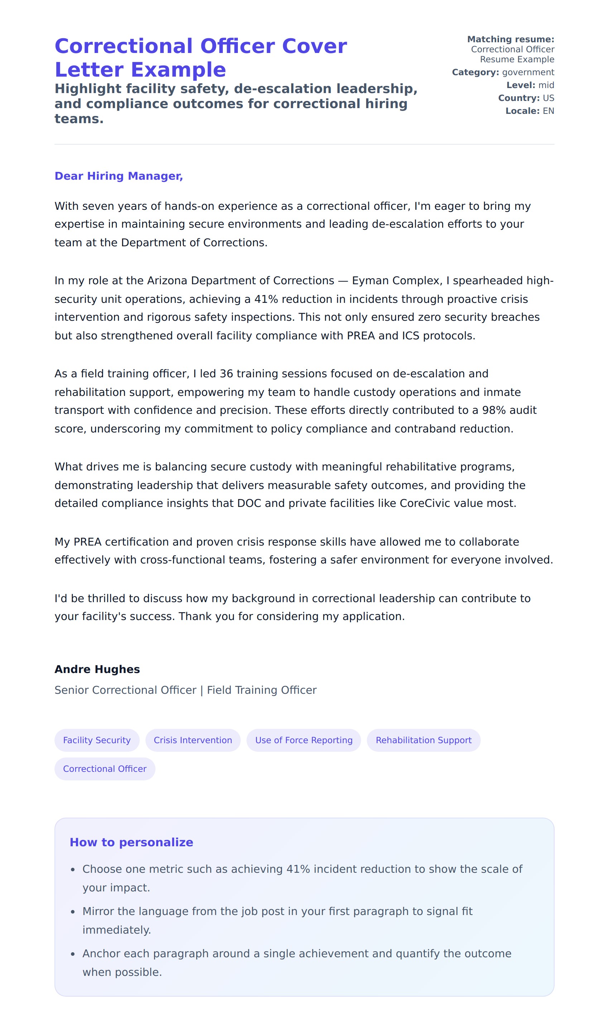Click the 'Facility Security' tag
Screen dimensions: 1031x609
point(97,740)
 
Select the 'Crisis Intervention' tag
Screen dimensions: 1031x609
point(193,740)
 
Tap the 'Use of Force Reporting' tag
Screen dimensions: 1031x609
point(304,740)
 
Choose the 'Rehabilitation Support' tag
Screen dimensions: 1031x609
point(423,740)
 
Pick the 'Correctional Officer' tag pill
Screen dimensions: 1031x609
point(105,769)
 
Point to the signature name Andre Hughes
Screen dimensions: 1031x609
point(97,669)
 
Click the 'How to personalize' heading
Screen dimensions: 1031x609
point(131,842)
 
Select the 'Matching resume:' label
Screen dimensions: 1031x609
point(510,39)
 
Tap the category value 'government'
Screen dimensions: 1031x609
point(528,72)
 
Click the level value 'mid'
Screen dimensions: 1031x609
point(546,85)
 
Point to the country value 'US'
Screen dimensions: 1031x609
point(548,98)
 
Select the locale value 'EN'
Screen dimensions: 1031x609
point(548,111)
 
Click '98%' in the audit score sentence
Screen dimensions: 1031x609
point(494,410)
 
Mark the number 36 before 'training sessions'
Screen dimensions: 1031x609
point(226,374)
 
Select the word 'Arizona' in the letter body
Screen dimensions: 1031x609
point(167,281)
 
